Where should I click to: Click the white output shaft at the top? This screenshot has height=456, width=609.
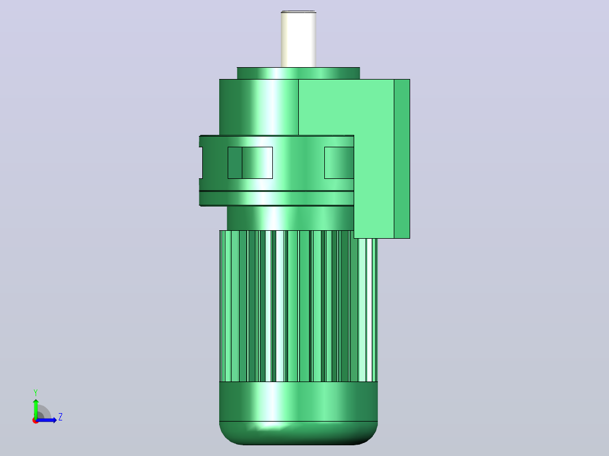[x=298, y=39]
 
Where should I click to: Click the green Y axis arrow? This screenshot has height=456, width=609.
[x=36, y=409]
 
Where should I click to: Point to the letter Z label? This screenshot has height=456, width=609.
[x=60, y=417]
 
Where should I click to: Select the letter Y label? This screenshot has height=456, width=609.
[x=36, y=393]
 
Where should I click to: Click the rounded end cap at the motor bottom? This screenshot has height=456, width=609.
[x=298, y=433]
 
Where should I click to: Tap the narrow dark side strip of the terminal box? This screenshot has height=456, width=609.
[x=402, y=159]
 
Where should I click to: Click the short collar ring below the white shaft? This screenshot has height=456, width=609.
[x=298, y=73]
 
